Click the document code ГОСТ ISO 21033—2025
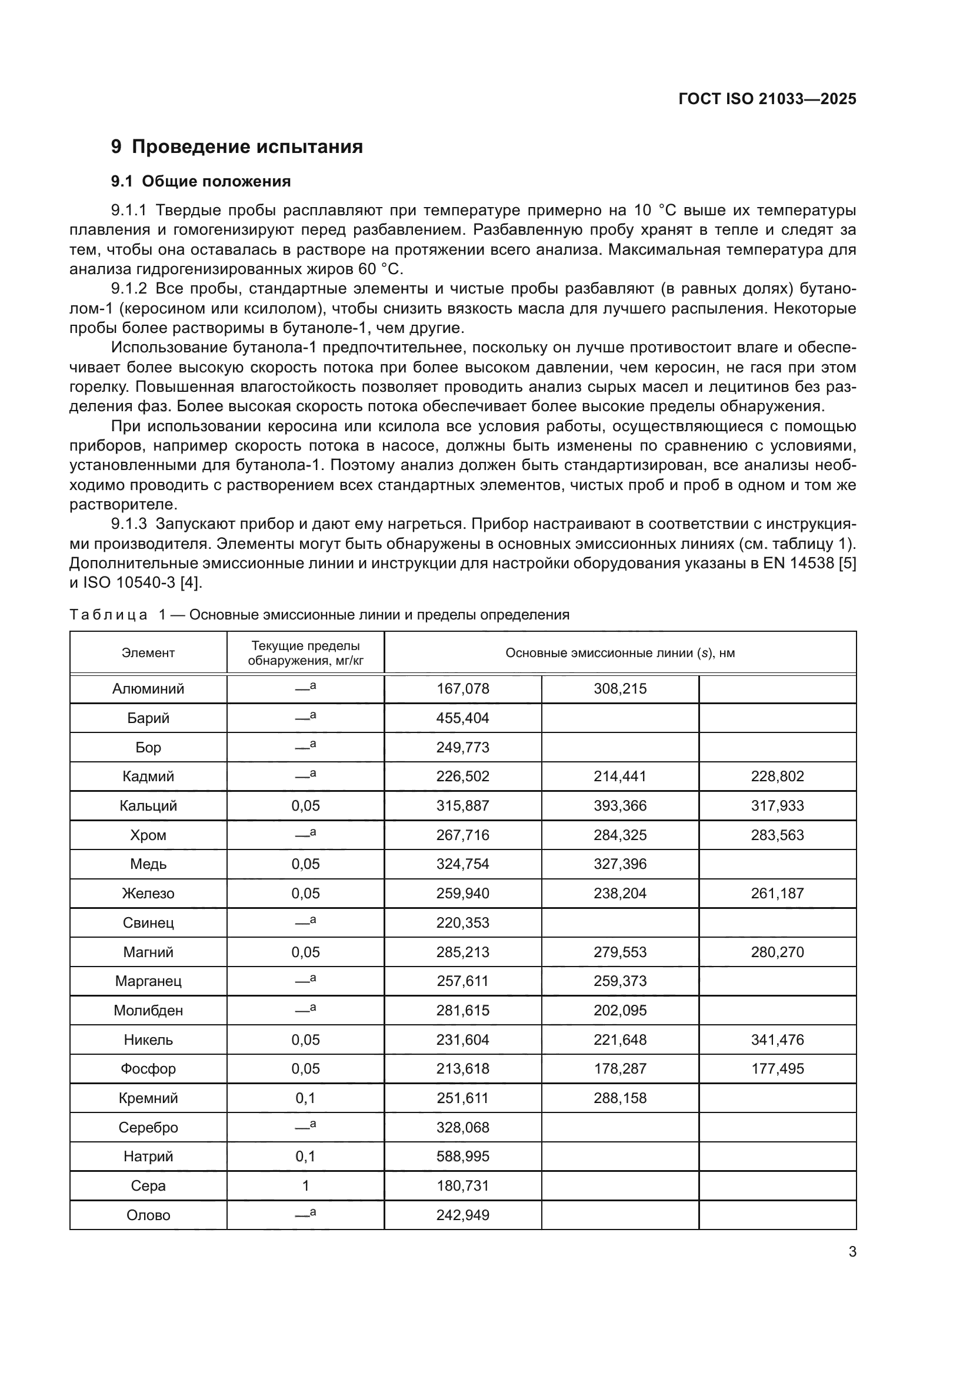coord(767,99)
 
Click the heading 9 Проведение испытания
coord(236,147)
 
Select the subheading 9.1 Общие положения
coord(201,181)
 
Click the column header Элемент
coord(148,652)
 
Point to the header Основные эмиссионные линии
coord(619,652)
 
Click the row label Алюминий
coord(148,689)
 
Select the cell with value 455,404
coord(462,718)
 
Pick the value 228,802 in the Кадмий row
coord(777,777)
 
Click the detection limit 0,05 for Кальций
coord(305,806)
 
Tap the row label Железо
coord(148,894)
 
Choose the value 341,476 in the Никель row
coord(777,1040)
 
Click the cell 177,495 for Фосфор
coord(777,1069)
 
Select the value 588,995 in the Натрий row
coord(462,1157)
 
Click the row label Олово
coord(148,1215)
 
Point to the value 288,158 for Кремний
coord(620,1098)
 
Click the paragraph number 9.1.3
coord(129,524)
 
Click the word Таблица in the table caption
coord(108,615)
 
